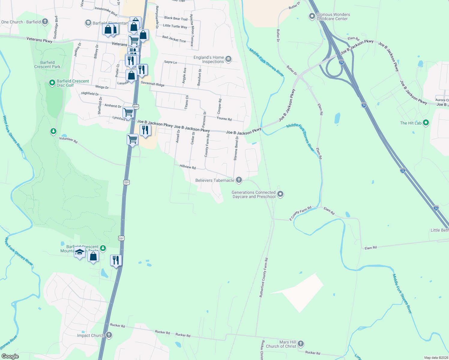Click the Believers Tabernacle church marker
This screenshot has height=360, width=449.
click(x=239, y=180)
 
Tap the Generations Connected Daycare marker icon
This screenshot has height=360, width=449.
click(x=280, y=194)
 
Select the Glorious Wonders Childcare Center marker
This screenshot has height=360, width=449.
click(x=312, y=16)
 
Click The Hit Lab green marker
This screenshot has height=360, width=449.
click(x=426, y=123)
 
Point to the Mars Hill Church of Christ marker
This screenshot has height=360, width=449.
click(x=301, y=344)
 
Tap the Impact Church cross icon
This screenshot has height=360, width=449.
click(x=109, y=335)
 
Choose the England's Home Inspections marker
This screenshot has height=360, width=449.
click(x=228, y=59)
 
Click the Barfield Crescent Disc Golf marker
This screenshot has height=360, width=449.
click(x=52, y=82)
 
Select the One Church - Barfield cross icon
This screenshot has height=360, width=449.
click(x=45, y=22)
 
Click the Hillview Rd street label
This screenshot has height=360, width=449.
click(x=188, y=167)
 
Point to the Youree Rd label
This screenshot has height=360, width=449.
click(x=224, y=119)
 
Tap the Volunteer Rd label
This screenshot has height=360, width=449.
click(x=68, y=140)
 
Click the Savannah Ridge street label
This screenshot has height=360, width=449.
click(x=152, y=84)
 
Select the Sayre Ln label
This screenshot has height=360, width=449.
click(x=170, y=62)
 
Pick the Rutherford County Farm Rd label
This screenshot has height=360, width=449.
click(x=264, y=277)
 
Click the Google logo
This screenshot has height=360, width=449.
click(x=10, y=356)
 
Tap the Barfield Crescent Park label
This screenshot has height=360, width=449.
click(x=47, y=64)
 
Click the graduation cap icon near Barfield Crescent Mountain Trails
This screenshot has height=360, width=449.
click(x=80, y=253)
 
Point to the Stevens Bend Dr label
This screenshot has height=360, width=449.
click(x=236, y=148)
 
